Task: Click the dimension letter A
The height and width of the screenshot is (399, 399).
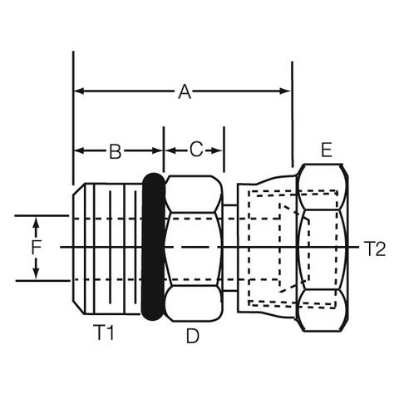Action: point(185,92)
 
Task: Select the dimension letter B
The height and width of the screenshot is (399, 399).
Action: point(116,151)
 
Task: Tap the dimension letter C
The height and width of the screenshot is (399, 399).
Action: point(196,150)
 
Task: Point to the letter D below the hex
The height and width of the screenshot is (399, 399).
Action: point(192,336)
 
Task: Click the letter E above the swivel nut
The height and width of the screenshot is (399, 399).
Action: point(327,150)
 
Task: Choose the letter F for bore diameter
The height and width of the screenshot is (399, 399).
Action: point(36,247)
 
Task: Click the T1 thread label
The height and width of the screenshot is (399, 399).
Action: point(104,332)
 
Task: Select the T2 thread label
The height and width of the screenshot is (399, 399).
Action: point(374,249)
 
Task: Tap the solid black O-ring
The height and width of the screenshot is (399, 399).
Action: point(153,247)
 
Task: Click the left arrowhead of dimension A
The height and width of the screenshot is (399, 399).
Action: point(79,91)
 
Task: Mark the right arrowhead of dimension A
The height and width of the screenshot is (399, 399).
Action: point(285,91)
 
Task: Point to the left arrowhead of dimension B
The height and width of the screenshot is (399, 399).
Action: point(79,151)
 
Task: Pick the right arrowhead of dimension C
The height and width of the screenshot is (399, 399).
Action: point(218,151)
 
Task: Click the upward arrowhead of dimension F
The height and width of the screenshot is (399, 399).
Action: point(36,224)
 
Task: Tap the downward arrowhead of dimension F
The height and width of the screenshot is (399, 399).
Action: point(36,273)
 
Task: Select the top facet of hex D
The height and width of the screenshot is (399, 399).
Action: point(194,194)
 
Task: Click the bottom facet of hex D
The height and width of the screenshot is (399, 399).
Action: point(194,303)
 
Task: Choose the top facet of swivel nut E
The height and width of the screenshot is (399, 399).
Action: point(322,187)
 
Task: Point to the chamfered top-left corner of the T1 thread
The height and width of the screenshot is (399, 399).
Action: point(79,189)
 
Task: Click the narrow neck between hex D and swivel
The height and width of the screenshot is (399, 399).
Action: point(230,248)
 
